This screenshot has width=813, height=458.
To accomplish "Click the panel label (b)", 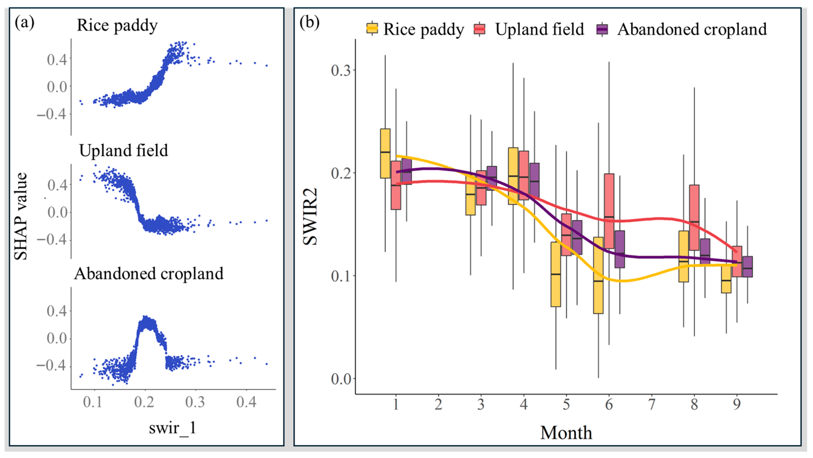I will [309, 23].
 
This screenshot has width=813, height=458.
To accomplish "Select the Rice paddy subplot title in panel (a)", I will [117, 25].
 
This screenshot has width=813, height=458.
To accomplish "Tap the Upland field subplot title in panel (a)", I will [123, 150].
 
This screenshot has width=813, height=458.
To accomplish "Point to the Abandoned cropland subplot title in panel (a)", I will [149, 273].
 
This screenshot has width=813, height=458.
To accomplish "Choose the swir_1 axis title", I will [173, 428].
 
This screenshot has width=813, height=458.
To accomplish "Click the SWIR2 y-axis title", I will [310, 217].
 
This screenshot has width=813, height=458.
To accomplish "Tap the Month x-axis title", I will [566, 433].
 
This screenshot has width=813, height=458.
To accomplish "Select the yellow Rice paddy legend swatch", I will [372, 29].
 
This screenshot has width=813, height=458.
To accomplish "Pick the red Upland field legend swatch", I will [480, 29].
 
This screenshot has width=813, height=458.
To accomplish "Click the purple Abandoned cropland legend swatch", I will [602, 29].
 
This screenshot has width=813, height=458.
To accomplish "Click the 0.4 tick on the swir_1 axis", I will [246, 402].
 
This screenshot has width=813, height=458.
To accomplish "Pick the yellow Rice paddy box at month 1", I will [385, 154].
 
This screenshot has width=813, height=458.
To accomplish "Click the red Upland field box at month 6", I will [609, 211].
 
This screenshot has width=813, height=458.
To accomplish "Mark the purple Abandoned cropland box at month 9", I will [747, 267].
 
